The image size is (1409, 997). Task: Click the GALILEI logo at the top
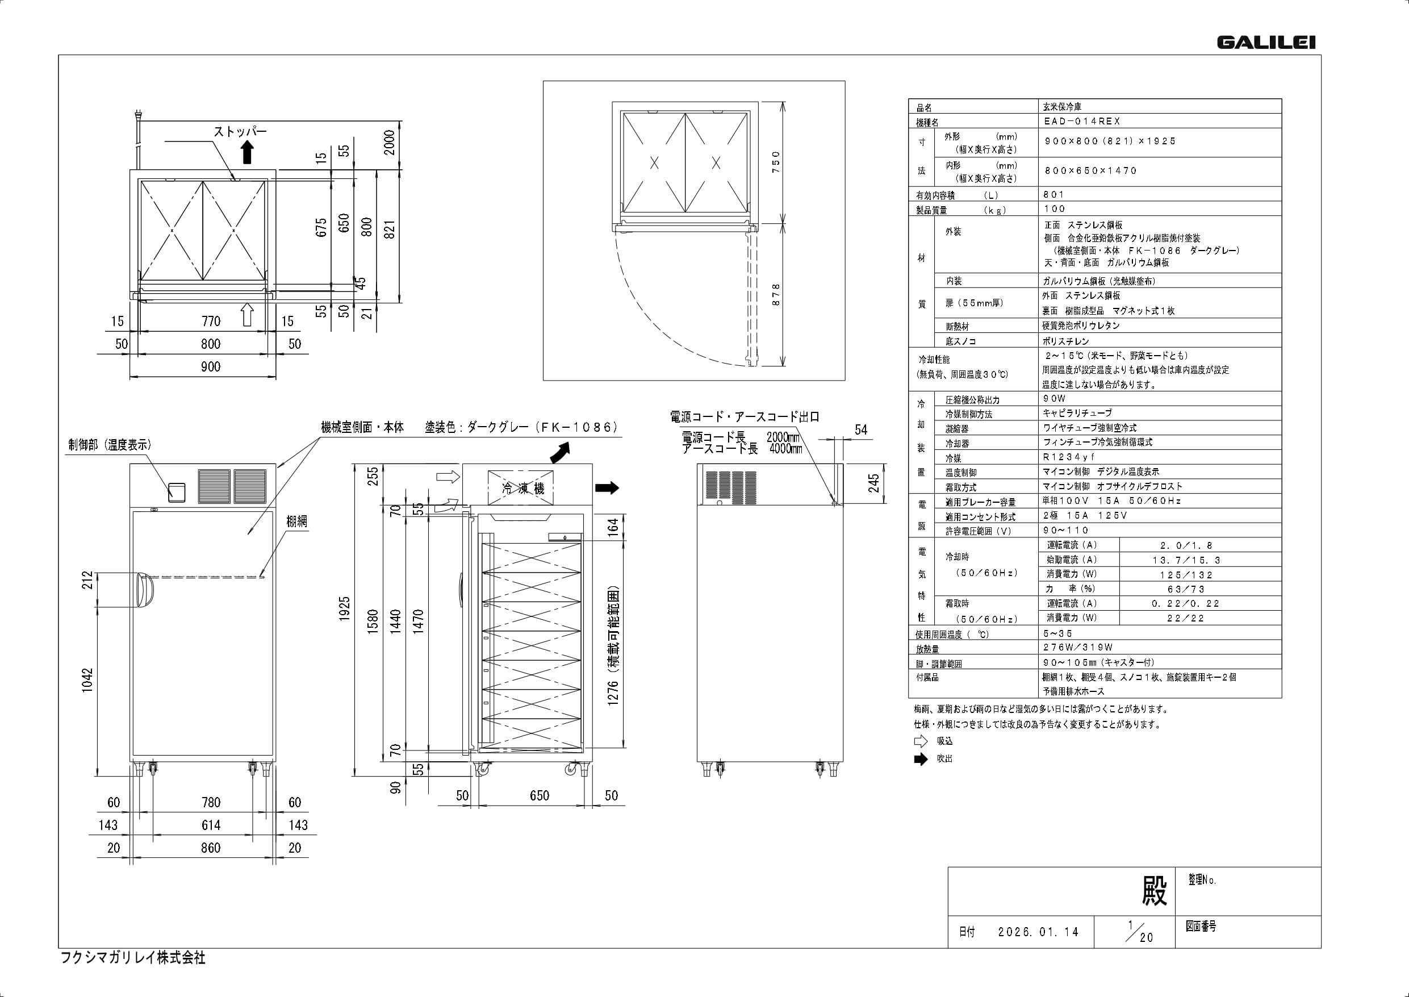(x=1265, y=43)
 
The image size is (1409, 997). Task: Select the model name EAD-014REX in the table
(x=1082, y=122)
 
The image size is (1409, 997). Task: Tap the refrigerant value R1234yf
(x=1069, y=457)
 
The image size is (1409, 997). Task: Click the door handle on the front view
(x=143, y=591)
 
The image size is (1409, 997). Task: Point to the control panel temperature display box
(x=177, y=491)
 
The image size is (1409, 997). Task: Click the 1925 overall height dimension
(x=344, y=608)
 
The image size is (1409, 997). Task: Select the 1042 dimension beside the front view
(x=88, y=681)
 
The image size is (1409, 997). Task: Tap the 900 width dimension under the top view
(x=211, y=366)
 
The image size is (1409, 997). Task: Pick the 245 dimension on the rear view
(x=874, y=483)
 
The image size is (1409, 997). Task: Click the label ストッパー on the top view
(x=240, y=131)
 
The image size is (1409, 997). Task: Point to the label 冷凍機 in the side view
(x=523, y=489)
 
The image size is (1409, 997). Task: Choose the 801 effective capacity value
(x=1054, y=195)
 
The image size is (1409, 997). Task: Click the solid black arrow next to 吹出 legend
(x=921, y=760)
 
